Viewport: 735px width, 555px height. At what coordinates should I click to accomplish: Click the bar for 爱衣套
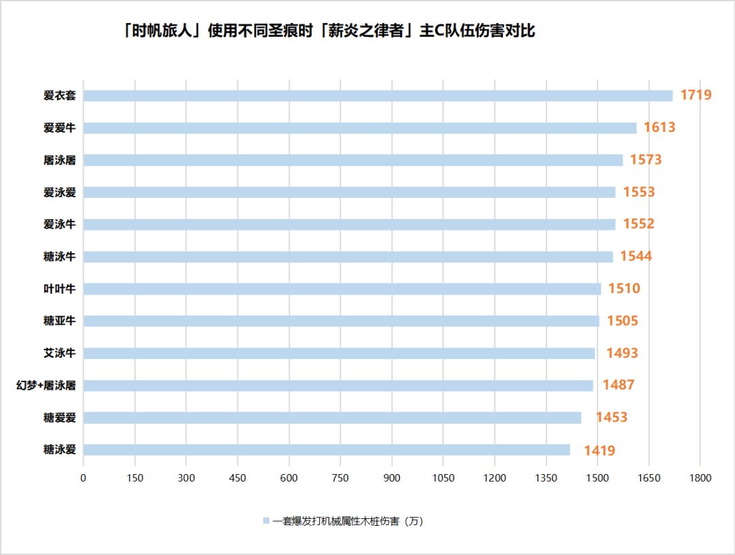378,96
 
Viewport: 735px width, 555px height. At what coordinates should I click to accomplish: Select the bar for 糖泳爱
327,450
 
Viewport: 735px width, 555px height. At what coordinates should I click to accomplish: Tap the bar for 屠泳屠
353,161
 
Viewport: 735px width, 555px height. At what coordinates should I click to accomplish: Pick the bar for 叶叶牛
342,289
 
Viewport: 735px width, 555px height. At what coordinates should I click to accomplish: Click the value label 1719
696,95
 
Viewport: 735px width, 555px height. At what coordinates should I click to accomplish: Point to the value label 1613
659,127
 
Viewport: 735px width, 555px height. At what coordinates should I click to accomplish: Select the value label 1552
638,224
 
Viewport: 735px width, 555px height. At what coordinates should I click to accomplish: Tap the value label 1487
618,385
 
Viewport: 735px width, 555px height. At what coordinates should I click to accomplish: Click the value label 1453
611,418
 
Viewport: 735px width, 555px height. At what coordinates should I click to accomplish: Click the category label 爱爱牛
59,128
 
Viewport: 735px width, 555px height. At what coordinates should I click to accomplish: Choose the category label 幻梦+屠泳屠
46,386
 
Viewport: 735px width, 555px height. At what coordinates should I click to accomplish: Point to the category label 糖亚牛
59,321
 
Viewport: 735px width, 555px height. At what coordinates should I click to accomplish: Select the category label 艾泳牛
59,353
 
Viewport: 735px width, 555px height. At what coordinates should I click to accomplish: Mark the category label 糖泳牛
59,256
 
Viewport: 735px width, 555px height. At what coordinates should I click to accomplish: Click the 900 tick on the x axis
392,478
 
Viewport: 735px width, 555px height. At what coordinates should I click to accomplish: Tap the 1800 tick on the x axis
700,478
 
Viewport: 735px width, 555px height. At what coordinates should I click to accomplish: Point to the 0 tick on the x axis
83,478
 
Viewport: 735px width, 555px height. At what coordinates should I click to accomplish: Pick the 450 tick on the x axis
238,478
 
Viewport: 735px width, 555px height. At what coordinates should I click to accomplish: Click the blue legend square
266,521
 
